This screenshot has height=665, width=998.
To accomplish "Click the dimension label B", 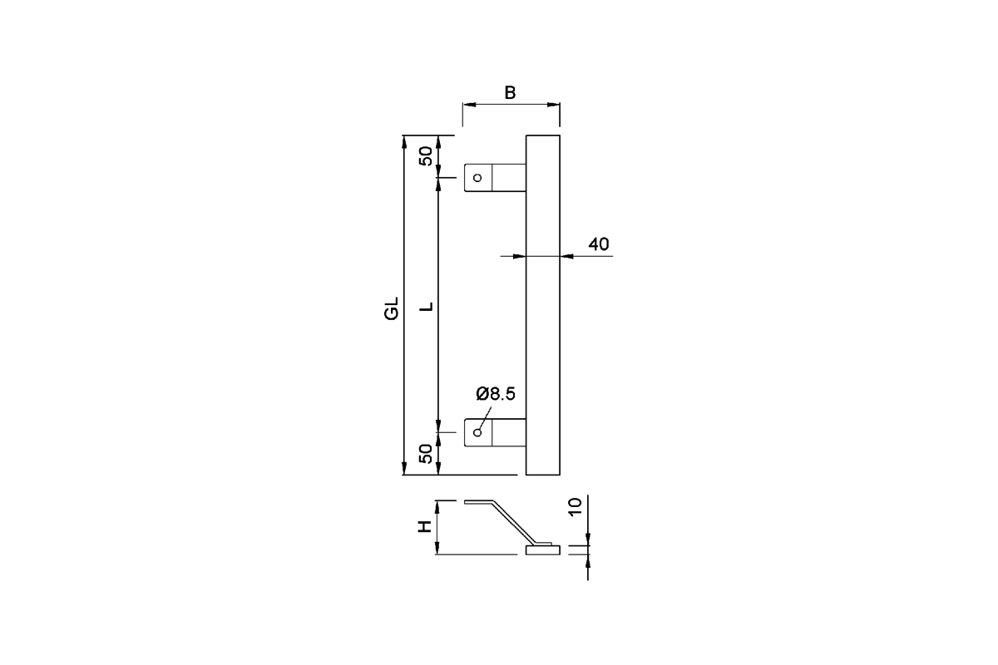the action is (x=510, y=92).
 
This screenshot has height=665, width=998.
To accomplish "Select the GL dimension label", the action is (x=391, y=308).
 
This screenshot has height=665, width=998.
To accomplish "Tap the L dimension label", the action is (x=427, y=307).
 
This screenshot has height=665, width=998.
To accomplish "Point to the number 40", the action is (x=598, y=244).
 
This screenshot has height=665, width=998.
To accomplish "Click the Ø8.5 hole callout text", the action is (x=496, y=394).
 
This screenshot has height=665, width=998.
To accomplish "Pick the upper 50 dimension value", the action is (x=427, y=156).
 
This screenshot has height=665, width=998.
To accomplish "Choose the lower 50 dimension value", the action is (x=427, y=454).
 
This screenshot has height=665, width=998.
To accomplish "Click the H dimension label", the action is (x=425, y=526).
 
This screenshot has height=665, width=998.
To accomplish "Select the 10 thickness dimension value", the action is (x=576, y=506).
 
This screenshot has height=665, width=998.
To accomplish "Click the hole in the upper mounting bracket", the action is (x=477, y=178).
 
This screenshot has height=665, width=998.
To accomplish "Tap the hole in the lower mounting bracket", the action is (x=477, y=432).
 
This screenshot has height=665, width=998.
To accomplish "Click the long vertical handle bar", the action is (x=542, y=305).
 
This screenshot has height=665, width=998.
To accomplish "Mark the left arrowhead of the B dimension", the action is (x=469, y=105).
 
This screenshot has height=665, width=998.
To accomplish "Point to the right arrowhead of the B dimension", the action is (x=553, y=105).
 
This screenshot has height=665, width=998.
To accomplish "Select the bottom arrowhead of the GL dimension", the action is (x=404, y=468).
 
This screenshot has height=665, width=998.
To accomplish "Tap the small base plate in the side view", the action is (x=542, y=550).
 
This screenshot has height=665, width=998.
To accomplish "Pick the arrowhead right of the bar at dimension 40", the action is (x=567, y=256).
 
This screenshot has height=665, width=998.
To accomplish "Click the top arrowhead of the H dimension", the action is (x=437, y=508).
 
